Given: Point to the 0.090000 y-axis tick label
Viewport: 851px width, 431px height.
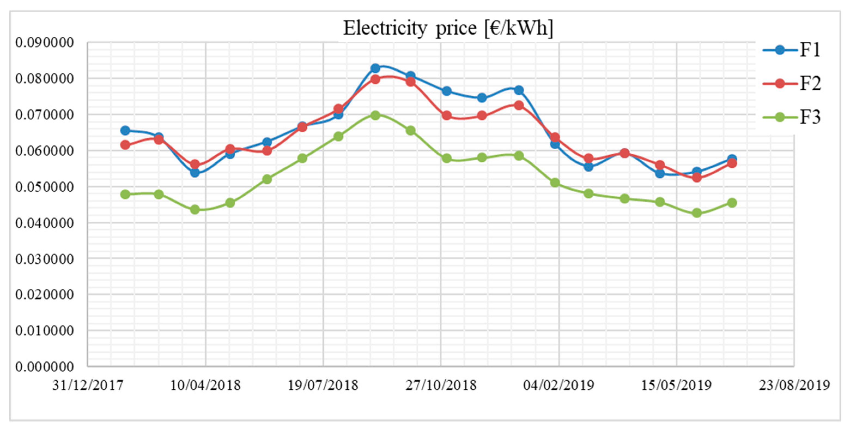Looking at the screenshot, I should point(45,43).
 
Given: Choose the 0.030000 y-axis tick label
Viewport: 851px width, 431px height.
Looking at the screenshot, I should point(45,259).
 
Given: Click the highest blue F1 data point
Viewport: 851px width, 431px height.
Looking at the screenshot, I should point(375,68).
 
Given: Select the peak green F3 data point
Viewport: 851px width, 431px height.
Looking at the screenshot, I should point(375,115).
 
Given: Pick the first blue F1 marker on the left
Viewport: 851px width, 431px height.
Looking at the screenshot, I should point(125,130).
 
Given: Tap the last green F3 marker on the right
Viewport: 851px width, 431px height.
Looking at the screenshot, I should point(732,203).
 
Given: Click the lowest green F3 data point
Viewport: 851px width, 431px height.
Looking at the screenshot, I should point(697,213).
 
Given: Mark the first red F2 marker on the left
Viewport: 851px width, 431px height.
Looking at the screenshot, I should point(125,145).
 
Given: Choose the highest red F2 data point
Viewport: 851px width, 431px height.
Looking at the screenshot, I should point(375,79).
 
